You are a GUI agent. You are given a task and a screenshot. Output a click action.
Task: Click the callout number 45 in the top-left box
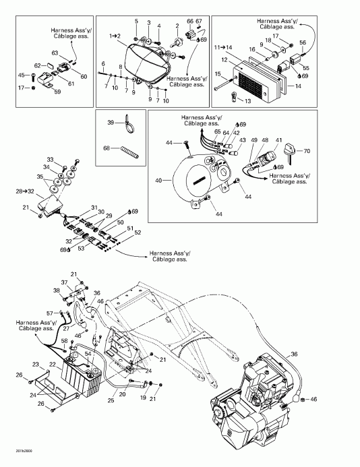click(21, 75)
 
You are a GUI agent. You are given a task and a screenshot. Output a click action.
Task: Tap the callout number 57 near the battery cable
click(49, 314)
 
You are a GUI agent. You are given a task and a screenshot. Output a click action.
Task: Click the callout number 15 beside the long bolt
click(218, 73)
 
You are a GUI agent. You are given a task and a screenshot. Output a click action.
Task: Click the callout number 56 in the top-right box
click(303, 42)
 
